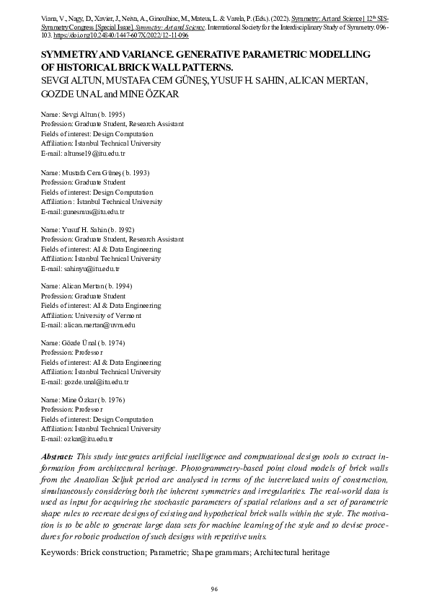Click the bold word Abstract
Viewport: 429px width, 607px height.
coord(56,458)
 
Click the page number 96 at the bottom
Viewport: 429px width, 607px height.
coord(214,589)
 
